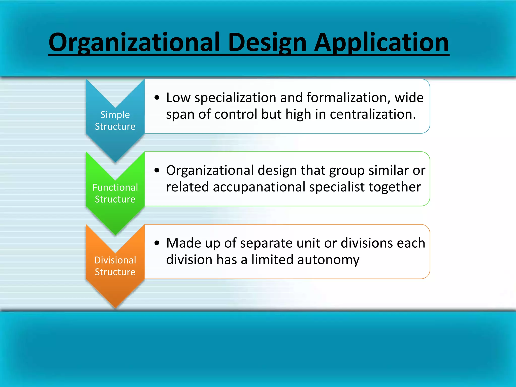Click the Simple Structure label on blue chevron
(x=115, y=120)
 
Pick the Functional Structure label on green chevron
(x=115, y=193)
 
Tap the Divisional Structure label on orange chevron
(x=115, y=266)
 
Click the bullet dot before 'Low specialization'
(x=157, y=98)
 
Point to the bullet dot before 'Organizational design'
(x=157, y=171)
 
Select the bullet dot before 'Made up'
(x=157, y=243)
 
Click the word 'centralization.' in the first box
(x=373, y=114)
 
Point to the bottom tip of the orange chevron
(x=115, y=307)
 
